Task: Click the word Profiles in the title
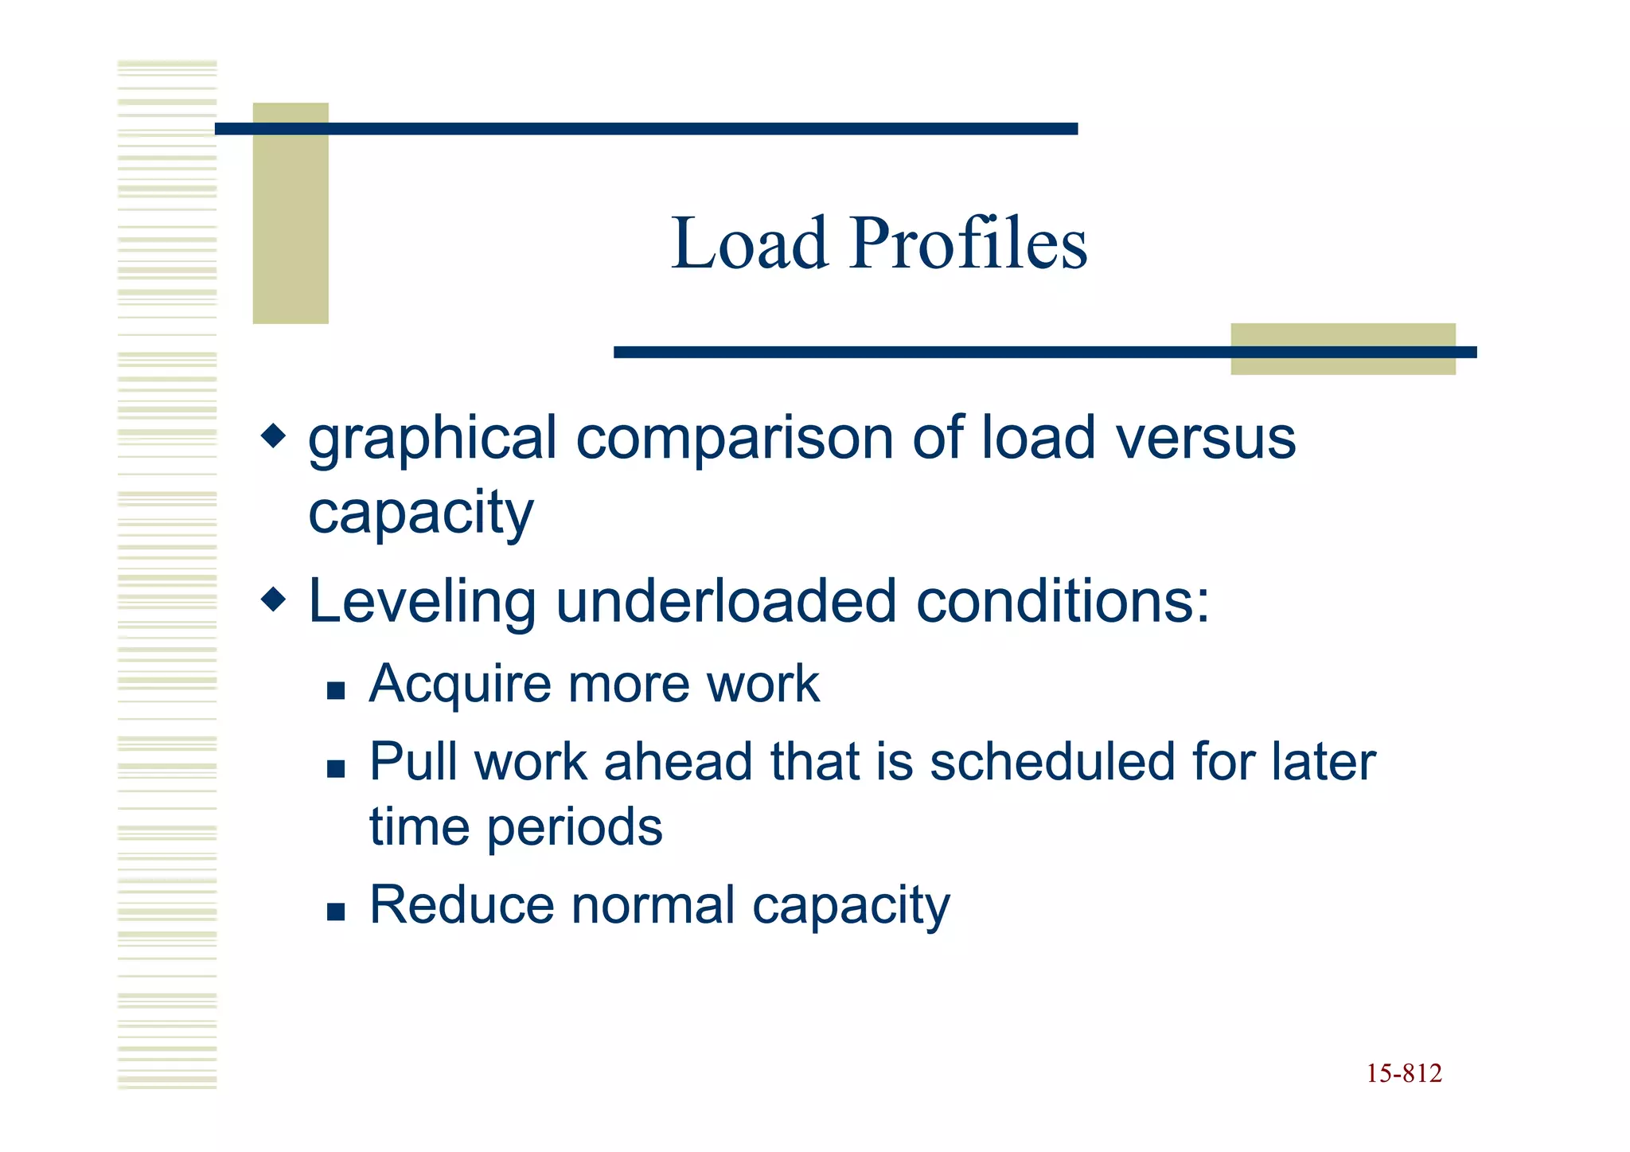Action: point(968,244)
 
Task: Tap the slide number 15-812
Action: point(1404,1074)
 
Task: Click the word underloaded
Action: point(727,601)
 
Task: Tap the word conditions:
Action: point(1063,601)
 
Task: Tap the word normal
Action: point(653,905)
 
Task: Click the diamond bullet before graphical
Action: point(273,435)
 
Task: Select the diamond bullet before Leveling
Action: point(273,599)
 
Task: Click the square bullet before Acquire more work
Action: point(336,689)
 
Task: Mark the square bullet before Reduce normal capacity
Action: point(336,911)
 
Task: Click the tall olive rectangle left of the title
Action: point(291,213)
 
